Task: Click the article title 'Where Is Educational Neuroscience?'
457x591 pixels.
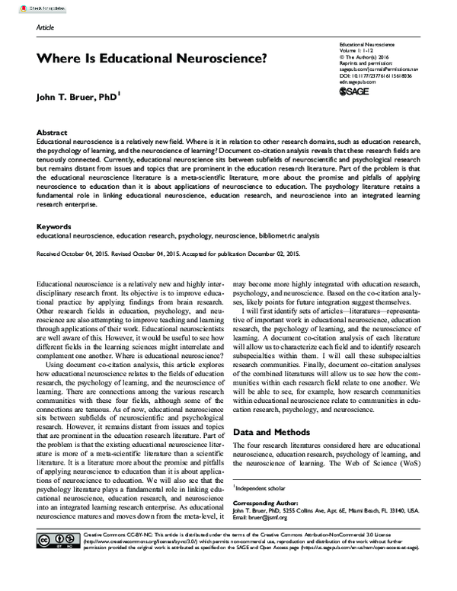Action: (x=152, y=57)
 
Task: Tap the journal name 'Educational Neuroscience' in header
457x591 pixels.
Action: (x=372, y=46)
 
